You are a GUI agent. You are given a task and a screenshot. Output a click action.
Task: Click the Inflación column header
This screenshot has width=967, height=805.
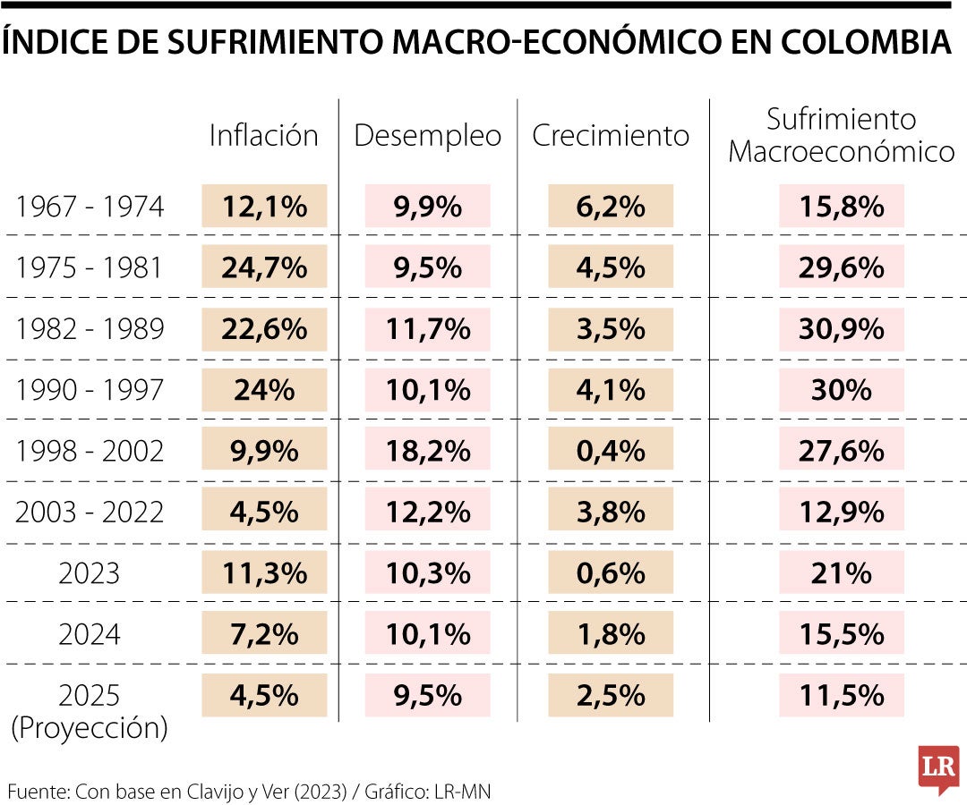tap(264, 135)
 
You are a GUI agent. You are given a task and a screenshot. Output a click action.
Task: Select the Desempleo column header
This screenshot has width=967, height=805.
tap(428, 135)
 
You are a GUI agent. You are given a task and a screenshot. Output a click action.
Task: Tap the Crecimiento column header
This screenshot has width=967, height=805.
tap(611, 135)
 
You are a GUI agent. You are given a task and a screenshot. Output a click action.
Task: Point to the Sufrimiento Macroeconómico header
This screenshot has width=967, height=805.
tap(841, 135)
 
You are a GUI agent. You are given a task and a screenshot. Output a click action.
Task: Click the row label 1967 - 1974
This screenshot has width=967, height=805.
tap(90, 207)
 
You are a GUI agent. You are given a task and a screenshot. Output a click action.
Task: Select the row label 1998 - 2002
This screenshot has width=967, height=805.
tap(90, 451)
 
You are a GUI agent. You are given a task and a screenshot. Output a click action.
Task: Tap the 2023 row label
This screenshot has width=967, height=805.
tap(90, 573)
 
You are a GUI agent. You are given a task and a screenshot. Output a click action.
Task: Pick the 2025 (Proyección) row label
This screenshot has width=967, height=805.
tap(90, 711)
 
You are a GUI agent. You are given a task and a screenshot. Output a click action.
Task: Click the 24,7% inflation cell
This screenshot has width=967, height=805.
tap(264, 267)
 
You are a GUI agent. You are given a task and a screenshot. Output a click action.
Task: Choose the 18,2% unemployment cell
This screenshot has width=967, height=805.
tap(428, 451)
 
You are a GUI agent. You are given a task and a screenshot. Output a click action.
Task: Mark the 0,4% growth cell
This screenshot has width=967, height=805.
tap(611, 451)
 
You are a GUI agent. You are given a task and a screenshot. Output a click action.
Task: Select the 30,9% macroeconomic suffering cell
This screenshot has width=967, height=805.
tap(841, 328)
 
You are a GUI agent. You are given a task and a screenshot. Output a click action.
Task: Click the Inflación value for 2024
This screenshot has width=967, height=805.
tap(264, 634)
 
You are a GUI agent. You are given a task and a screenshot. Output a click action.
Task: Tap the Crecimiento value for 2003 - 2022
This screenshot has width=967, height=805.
tap(611, 512)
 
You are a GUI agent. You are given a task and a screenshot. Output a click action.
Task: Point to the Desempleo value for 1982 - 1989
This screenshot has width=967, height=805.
tap(428, 328)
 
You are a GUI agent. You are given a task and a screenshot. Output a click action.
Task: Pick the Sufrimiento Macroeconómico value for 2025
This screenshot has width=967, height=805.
tap(841, 695)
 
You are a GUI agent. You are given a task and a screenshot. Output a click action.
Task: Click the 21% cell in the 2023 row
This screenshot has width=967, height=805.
tap(841, 573)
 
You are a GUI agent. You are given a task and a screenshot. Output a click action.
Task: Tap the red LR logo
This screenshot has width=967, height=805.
tap(938, 767)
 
